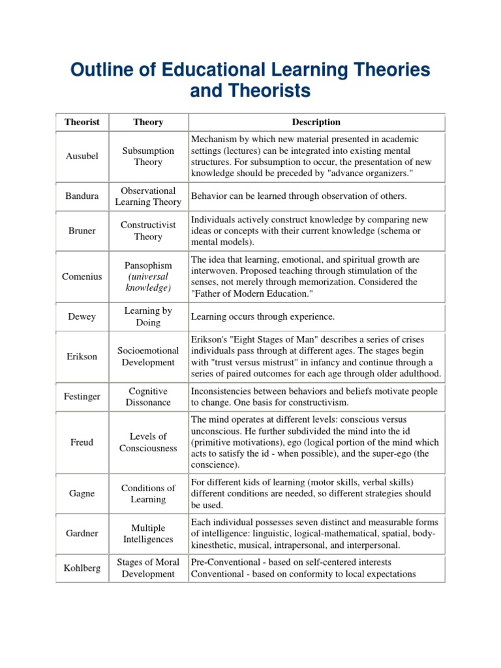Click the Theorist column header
(x=82, y=122)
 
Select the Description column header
(x=316, y=122)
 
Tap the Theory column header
(x=148, y=122)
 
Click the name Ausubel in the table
(x=82, y=157)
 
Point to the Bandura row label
(x=82, y=196)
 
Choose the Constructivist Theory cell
(x=148, y=231)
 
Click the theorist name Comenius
(x=82, y=277)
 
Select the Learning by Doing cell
(x=148, y=316)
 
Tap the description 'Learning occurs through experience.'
(x=262, y=317)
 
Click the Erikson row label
(x=82, y=357)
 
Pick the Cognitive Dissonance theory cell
(x=148, y=397)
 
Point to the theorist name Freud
(x=82, y=442)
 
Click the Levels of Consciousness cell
(x=148, y=442)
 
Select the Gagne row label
(x=82, y=494)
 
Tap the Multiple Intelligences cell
(x=148, y=534)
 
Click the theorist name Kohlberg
(x=82, y=568)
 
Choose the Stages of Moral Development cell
(x=148, y=568)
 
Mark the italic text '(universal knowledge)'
(x=148, y=282)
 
